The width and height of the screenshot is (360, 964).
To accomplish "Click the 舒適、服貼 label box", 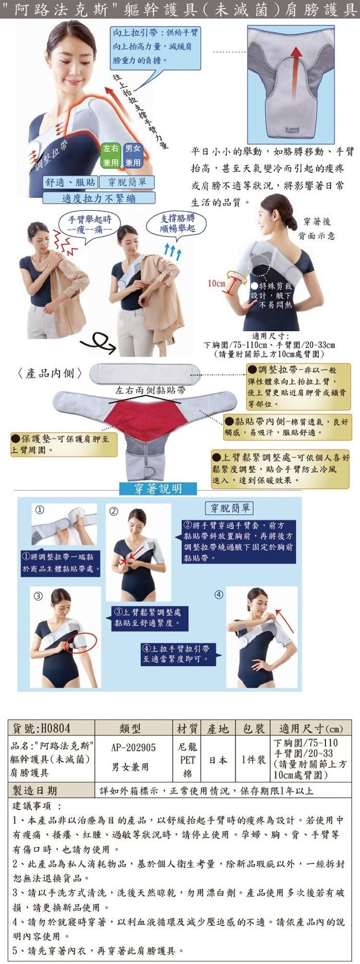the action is pos(70,182).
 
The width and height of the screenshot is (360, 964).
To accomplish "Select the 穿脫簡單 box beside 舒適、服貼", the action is pos(127,182).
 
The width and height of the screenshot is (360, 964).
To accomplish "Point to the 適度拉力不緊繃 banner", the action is pos(98,198).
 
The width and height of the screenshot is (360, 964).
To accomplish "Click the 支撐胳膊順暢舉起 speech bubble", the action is pos(177,223).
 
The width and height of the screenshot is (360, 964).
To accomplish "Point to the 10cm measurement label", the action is pos(217,283).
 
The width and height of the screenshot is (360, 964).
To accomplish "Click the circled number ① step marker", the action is pos(40,510).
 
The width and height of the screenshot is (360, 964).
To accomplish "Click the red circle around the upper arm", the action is pos(82,643).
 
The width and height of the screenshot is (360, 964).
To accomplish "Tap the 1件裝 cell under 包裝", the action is pos(254,759).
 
